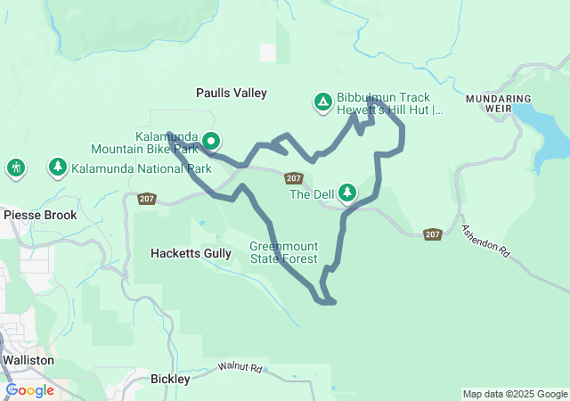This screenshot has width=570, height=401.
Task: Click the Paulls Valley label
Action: point(232,93)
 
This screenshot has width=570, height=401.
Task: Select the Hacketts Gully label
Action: point(191,254)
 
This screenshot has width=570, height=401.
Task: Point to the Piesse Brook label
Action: point(40,215)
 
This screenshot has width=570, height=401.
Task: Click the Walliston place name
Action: point(28,360)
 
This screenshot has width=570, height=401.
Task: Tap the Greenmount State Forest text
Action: point(283,252)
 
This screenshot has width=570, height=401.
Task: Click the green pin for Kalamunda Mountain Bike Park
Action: point(211,141)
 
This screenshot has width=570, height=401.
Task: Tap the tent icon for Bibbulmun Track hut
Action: point(322,102)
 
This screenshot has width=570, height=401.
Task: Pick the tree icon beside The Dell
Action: point(346,192)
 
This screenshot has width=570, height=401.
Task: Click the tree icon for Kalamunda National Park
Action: point(58,168)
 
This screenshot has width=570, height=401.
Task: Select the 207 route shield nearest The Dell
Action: point(295,178)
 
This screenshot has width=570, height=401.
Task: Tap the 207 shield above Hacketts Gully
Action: point(148,199)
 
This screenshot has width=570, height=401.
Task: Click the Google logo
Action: point(29,390)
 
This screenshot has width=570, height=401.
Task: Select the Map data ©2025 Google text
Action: point(514,394)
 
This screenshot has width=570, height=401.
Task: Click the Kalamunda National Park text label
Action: point(142,168)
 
